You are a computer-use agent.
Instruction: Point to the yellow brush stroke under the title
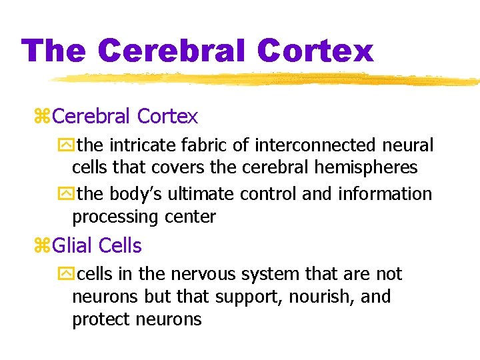(267, 79)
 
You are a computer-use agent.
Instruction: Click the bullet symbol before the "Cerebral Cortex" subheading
(41, 117)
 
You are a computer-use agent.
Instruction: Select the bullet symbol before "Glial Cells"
(41, 246)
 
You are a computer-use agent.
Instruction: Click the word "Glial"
(72, 246)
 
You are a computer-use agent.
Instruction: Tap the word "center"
(191, 217)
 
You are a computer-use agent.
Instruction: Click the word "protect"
(101, 320)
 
